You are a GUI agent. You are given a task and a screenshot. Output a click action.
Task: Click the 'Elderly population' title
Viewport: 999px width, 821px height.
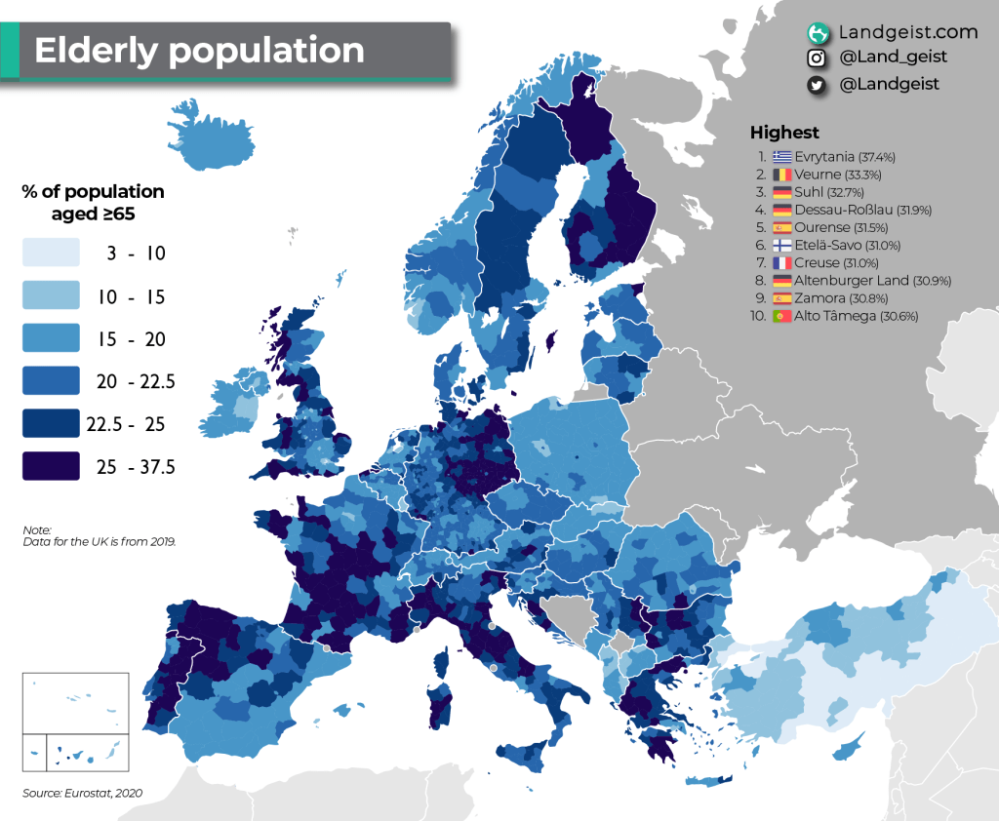(x=199, y=51)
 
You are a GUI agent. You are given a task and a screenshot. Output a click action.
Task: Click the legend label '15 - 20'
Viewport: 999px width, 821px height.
(x=131, y=339)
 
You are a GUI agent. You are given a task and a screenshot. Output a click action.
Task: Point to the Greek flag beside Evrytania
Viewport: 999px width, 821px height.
(x=781, y=156)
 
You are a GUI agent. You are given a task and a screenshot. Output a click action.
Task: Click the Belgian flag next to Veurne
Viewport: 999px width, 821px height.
(x=781, y=174)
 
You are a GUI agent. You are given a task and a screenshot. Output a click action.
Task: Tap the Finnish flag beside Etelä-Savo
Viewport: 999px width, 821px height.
(x=781, y=245)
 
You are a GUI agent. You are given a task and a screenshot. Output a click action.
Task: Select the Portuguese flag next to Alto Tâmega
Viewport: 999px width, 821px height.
(x=781, y=316)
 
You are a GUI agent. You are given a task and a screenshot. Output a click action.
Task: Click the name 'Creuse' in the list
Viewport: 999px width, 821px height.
(x=818, y=263)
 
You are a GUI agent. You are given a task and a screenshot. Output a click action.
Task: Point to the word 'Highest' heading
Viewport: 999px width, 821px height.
(x=784, y=133)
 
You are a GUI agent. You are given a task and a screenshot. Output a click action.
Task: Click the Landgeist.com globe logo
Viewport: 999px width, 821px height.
(x=819, y=33)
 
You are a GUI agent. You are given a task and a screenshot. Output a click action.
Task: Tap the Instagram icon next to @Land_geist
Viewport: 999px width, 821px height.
(x=819, y=59)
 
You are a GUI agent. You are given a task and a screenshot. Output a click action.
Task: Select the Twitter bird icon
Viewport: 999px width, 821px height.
(x=819, y=85)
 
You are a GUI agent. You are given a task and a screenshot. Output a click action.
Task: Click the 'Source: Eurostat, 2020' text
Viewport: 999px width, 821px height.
(x=83, y=793)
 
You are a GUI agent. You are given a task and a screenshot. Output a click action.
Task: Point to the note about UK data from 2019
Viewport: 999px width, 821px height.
(x=99, y=534)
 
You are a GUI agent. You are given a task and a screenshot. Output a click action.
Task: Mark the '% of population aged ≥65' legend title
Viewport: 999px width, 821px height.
(x=93, y=202)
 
